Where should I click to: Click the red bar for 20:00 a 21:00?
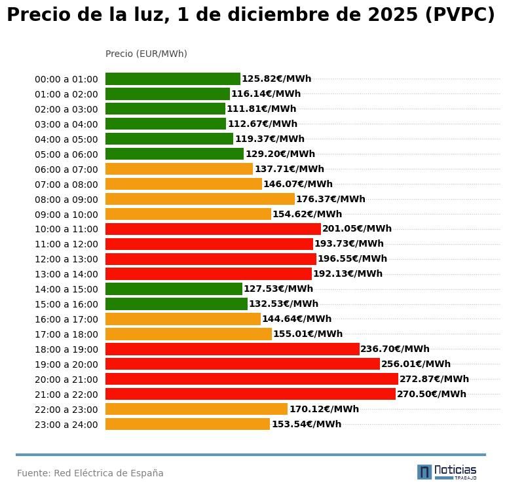[x=252, y=379]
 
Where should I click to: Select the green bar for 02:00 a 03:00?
[x=165, y=109]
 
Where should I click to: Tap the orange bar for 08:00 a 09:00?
[x=200, y=199]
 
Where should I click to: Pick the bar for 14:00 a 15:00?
[x=174, y=289]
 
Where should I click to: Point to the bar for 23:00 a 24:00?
[x=187, y=424]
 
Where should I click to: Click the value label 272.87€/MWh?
[x=434, y=379]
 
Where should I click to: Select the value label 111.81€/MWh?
[x=261, y=109]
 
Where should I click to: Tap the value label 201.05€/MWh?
[x=357, y=229]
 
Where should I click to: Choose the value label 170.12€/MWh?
[x=324, y=409]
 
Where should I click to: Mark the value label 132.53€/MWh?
[x=284, y=304]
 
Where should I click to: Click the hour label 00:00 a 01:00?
[x=66, y=79]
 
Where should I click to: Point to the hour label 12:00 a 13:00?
[x=66, y=259]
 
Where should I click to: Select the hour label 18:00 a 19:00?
[x=66, y=349]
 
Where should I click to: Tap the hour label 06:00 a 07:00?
[x=66, y=169]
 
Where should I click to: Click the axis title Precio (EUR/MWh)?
[x=146, y=54]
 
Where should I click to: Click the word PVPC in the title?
[x=459, y=15]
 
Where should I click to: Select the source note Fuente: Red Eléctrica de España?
[x=90, y=473]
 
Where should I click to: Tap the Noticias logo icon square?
[x=424, y=472]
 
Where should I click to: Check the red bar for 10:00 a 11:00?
[x=213, y=229]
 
